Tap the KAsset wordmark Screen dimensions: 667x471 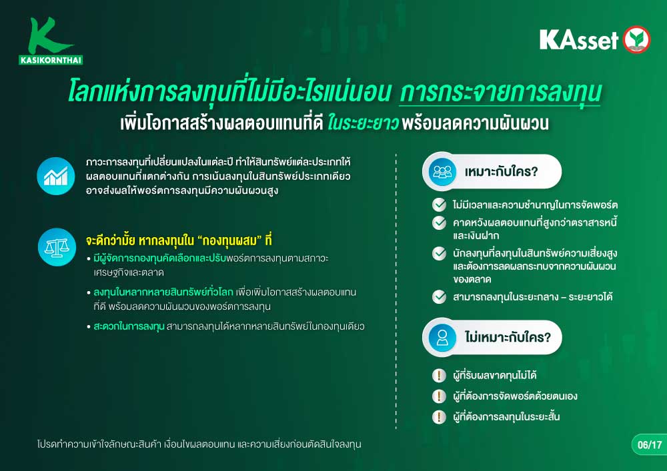(579, 40)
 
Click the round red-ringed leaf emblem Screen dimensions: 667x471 (637, 39)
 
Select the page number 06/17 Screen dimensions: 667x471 (650, 444)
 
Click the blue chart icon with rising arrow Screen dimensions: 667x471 (56, 177)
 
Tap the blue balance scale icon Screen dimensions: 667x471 (57, 247)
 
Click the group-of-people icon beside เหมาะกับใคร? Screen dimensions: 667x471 (442, 172)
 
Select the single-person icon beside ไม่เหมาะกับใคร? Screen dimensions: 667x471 (442, 338)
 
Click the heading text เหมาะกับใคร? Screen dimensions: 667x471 (501, 172)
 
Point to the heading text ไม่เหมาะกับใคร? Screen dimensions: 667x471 (508, 337)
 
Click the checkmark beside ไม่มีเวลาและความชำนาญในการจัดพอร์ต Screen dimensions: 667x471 (439, 205)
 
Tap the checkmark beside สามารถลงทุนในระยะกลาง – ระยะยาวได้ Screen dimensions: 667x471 (439, 296)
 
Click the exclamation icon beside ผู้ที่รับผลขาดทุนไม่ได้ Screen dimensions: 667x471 (439, 376)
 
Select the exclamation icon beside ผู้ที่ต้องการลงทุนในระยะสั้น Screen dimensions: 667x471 (439, 416)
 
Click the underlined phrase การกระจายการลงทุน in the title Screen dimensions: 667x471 (500, 92)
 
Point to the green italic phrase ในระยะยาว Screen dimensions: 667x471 (362, 123)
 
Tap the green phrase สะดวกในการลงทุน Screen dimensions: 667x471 (129, 326)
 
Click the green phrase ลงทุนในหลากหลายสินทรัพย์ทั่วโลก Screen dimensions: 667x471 (163, 292)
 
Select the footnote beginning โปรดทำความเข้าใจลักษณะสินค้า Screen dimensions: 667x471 (199, 444)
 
